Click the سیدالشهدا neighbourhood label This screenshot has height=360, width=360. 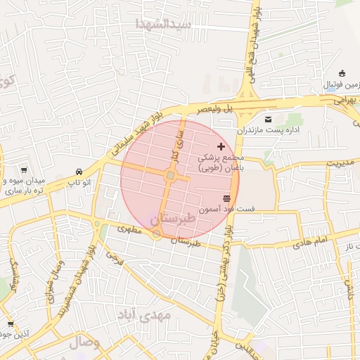pos(165,24)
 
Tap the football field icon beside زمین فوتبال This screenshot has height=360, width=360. pos(342,73)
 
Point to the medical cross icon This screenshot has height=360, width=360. pos(221,146)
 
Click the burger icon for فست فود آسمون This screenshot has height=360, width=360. pos(226,198)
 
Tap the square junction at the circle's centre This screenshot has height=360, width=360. pos(171,176)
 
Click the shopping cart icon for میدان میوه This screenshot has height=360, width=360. pos(24,169)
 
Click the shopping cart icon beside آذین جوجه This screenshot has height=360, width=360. pos(10,324)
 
